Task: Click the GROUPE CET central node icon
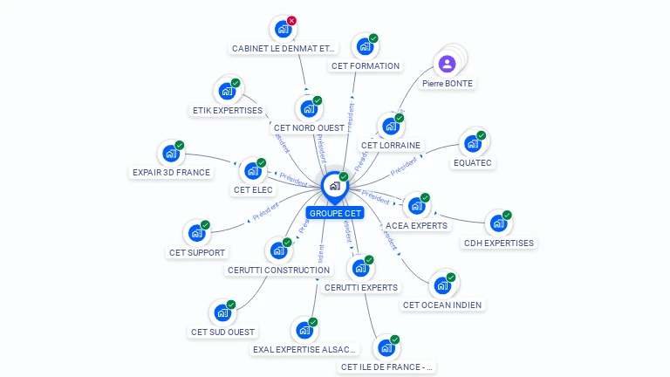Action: pyautogui.click(x=334, y=186)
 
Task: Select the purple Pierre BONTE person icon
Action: pyautogui.click(x=447, y=64)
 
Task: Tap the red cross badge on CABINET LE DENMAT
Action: pyautogui.click(x=291, y=21)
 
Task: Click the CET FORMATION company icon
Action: pyautogui.click(x=364, y=46)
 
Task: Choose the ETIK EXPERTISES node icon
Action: pyautogui.click(x=227, y=91)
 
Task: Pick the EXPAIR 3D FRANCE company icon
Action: pyautogui.click(x=170, y=154)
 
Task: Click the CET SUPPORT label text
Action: pyautogui.click(x=196, y=253)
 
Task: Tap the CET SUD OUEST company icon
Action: pyautogui.click(x=222, y=312)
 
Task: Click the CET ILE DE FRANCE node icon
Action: pyautogui.click(x=385, y=348)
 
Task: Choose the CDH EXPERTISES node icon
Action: pyautogui.click(x=497, y=223)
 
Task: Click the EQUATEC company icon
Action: pyautogui.click(x=472, y=143)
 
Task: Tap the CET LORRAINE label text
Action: pyautogui.click(x=390, y=145)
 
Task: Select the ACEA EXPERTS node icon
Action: pyautogui.click(x=415, y=206)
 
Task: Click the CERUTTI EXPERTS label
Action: pyautogui.click(x=360, y=287)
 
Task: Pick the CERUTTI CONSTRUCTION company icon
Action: pyautogui.click(x=278, y=250)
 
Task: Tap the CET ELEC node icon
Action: pyautogui.click(x=252, y=170)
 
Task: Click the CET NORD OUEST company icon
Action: pyautogui.click(x=308, y=109)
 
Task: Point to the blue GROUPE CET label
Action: pyautogui.click(x=335, y=213)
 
